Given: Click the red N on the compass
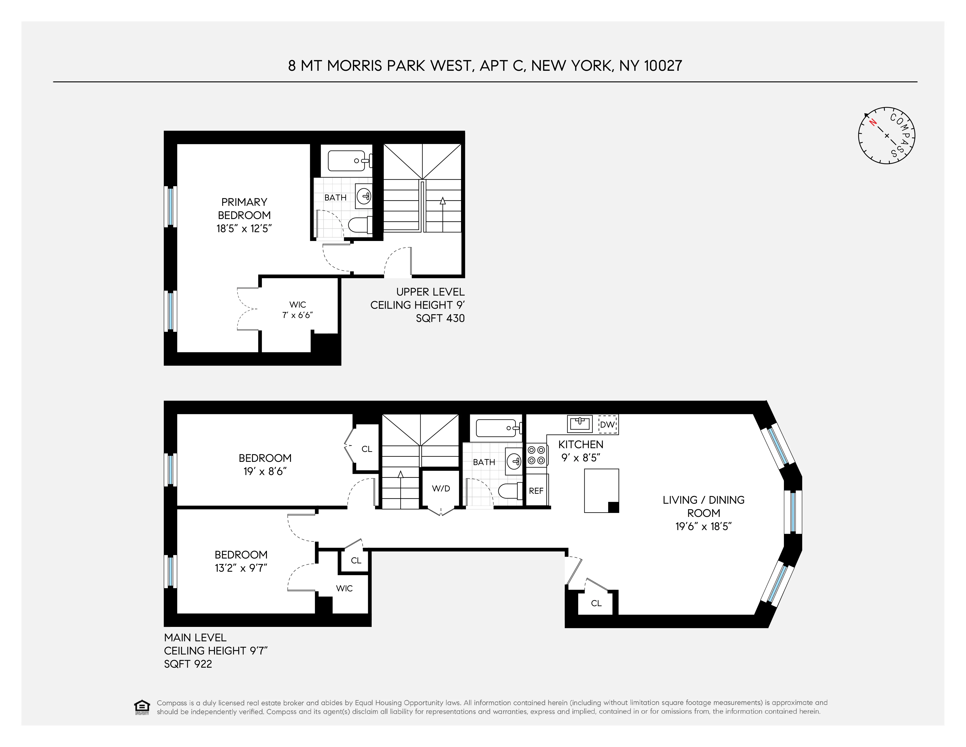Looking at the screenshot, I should (x=873, y=122).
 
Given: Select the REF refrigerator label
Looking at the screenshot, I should (x=536, y=491).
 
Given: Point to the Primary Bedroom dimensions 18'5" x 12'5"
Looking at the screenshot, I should (x=244, y=229).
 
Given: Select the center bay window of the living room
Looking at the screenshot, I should (x=793, y=512).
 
